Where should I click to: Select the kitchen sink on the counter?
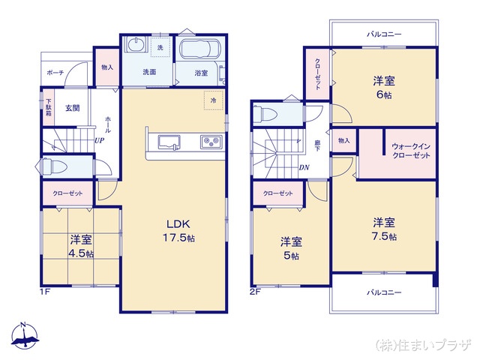(x=167, y=142)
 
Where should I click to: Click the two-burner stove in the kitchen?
(x=208, y=142)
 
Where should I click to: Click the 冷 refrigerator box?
(x=213, y=100)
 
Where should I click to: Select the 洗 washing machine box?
(x=160, y=48)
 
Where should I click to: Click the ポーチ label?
(x=55, y=73)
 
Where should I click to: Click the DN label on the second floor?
(x=304, y=167)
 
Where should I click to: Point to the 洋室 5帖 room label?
(x=291, y=248)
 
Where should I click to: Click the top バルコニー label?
(x=384, y=34)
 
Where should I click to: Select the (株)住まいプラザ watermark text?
(x=423, y=345)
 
